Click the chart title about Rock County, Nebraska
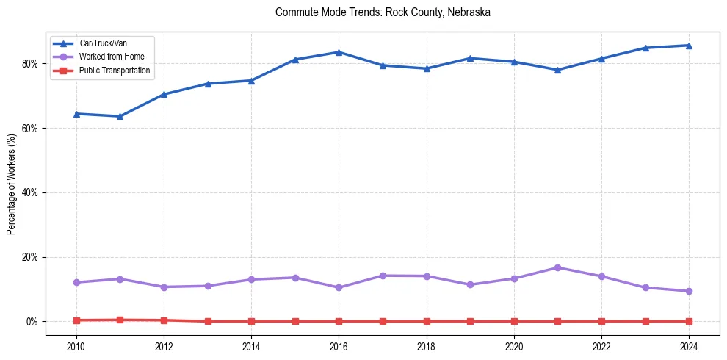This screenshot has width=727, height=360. click(383, 12)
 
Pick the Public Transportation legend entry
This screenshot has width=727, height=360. click(115, 71)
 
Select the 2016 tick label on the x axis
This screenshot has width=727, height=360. click(339, 347)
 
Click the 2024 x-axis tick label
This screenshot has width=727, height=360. click(689, 347)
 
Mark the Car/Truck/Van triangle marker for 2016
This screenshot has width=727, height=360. click(339, 52)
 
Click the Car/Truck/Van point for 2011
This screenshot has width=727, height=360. click(120, 116)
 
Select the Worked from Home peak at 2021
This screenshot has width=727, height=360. click(557, 267)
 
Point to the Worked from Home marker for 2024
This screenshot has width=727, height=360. click(689, 291)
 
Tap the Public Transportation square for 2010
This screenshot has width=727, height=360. click(76, 320)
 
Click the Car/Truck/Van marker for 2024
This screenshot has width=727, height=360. click(689, 46)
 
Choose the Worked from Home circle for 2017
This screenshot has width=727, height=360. click(383, 276)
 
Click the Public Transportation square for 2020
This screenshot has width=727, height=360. click(514, 321)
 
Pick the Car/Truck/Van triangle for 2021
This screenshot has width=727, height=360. click(557, 70)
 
